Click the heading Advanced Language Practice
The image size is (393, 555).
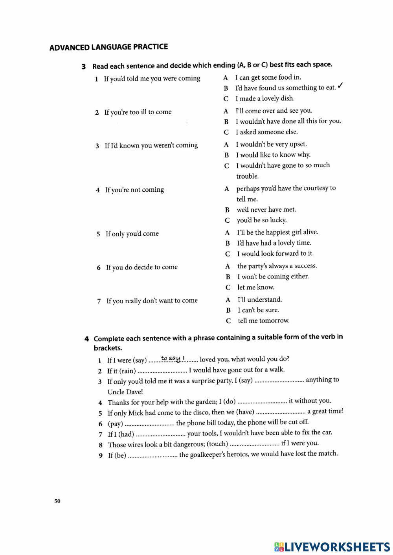click(x=108, y=48)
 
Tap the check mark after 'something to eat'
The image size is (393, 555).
click(x=341, y=86)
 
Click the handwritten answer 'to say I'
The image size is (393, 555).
click(x=173, y=358)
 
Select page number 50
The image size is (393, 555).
click(x=57, y=501)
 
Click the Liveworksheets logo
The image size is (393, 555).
click(x=332, y=547)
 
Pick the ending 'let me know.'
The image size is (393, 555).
click(x=255, y=287)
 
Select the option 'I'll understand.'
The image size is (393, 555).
click(x=260, y=300)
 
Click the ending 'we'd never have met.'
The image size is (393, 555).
click(x=266, y=210)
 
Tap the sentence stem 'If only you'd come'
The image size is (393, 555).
click(x=132, y=234)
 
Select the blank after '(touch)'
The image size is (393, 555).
click(x=254, y=444)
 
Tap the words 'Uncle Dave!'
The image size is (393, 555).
click(x=125, y=392)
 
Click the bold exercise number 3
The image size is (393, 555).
click(x=84, y=66)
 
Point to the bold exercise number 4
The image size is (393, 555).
click(x=86, y=339)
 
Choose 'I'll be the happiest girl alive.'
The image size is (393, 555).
click(x=277, y=232)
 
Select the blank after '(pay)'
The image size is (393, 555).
click(x=150, y=424)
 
